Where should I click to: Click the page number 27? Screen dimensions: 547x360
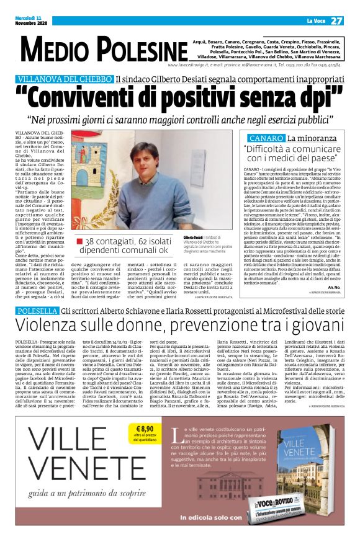click(336, 20)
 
